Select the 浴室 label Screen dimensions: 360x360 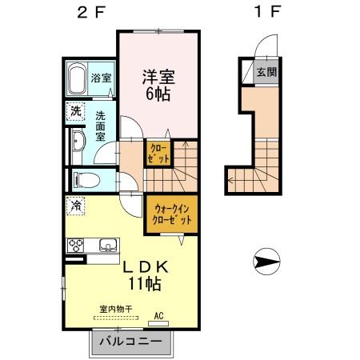pos(102,79)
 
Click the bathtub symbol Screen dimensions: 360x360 pos(76,79)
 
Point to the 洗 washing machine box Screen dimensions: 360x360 pos(74,112)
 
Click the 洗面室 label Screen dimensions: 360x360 pos(101,126)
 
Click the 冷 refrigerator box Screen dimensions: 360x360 pos(75,205)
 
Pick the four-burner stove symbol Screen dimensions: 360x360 pos(77,245)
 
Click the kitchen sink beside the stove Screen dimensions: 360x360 pos(106,244)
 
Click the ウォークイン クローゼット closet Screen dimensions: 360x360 pos(171,214)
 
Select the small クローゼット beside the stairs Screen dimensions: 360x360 pos(158,153)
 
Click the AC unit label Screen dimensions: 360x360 pos(158,318)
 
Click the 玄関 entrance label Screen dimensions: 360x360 pos(265,72)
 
